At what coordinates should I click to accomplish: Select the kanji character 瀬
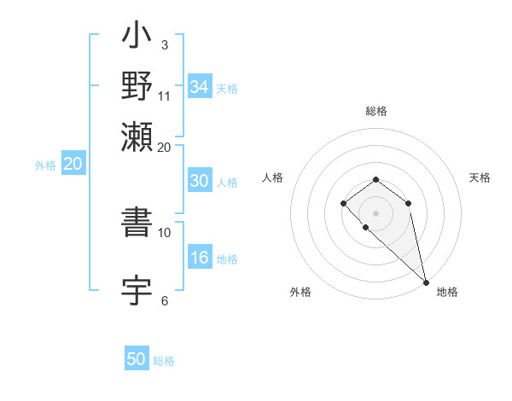[x=137, y=135]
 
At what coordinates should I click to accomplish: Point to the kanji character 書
[x=137, y=224]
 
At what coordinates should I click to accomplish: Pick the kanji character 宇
[x=137, y=290]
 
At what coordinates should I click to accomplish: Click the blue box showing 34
[x=200, y=87]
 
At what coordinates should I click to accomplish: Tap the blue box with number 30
[x=200, y=181]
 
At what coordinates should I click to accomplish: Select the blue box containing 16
[x=200, y=259]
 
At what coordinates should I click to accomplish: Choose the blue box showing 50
[x=137, y=359]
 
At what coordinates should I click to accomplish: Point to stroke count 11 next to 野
[x=165, y=96]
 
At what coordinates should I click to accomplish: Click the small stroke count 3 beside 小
[x=165, y=44]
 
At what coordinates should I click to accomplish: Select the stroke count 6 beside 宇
[x=165, y=300]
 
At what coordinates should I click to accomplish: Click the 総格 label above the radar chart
[x=375, y=111]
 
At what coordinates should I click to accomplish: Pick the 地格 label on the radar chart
[x=447, y=292]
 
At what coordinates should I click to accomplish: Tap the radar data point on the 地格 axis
[x=426, y=282]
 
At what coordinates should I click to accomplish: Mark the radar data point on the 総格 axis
[x=375, y=179]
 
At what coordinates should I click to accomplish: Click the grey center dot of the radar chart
[x=375, y=212]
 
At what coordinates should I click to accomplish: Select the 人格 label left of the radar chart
[x=272, y=177]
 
